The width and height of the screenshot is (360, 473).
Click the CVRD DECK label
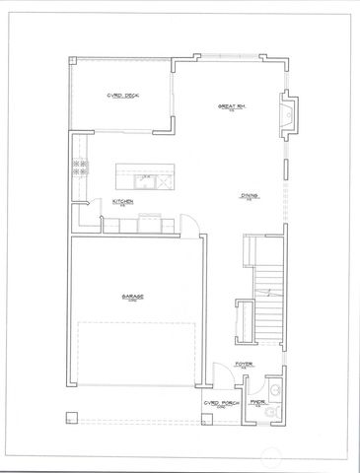pos(122,96)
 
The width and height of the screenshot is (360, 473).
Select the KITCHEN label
pos(123,201)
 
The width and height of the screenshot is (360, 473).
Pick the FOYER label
pos(245,364)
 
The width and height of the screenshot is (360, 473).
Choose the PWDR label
pos(259,402)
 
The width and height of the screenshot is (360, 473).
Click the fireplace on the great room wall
pos(287,114)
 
